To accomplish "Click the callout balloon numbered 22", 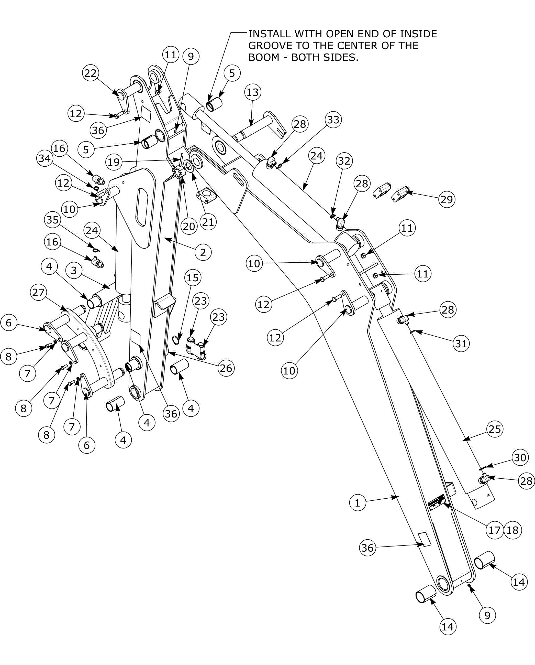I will (x=91, y=73).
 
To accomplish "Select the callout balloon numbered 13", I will (x=253, y=92).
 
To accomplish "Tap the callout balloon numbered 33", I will (x=333, y=120).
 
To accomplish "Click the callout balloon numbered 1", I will (x=358, y=503).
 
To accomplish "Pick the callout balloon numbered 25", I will (x=495, y=429).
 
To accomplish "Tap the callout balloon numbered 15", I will (x=193, y=278).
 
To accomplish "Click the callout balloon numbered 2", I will (x=203, y=252).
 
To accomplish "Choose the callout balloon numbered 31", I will (x=461, y=343).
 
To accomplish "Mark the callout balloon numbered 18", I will (x=513, y=530).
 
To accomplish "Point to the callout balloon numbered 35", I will (x=52, y=220).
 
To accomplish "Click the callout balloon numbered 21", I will (x=208, y=222).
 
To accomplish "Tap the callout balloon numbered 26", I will (x=226, y=368).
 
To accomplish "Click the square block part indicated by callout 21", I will (x=206, y=196).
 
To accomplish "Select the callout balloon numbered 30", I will (x=520, y=457).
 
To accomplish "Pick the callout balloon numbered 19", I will (x=114, y=162).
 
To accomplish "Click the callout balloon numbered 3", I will (x=74, y=271).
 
